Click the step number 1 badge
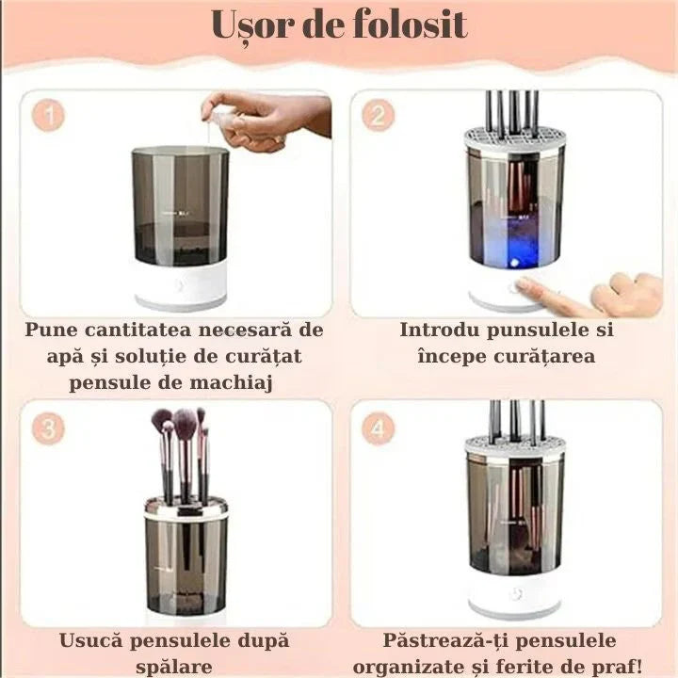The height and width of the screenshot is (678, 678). (48, 117)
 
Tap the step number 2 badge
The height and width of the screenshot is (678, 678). (379, 117)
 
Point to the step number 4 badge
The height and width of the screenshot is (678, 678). (379, 429)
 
